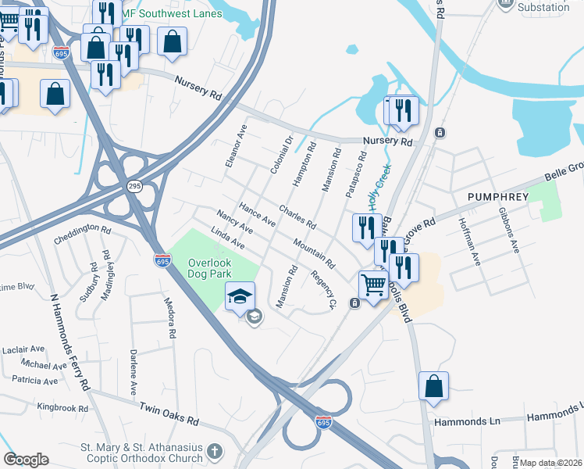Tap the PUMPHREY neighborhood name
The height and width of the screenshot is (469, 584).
pyautogui.click(x=500, y=196)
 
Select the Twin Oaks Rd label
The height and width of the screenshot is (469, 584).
pyautogui.click(x=169, y=414)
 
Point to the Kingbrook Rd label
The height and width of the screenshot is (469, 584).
pyautogui.click(x=63, y=407)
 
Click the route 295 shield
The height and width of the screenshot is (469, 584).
pyautogui.click(x=134, y=185)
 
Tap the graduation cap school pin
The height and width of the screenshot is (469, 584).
pyautogui.click(x=240, y=295)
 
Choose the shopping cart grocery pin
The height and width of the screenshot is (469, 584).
pyautogui.click(x=374, y=285)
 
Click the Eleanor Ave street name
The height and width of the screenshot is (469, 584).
pyautogui.click(x=235, y=145)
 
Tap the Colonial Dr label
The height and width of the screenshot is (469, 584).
pyautogui.click(x=280, y=156)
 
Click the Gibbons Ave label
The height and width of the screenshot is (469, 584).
pyautogui.click(x=507, y=230)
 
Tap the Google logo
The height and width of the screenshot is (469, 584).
pyautogui.click(x=26, y=460)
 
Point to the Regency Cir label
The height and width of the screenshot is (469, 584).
pyautogui.click(x=322, y=289)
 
